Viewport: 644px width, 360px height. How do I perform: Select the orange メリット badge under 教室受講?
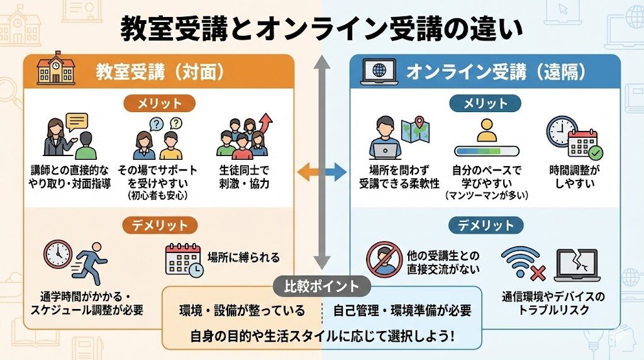[x=159, y=103]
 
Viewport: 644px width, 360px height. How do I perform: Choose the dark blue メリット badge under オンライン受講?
[x=485, y=103]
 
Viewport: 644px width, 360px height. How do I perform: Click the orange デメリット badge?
[x=159, y=225]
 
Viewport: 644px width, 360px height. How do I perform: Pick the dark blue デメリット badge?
[x=485, y=225]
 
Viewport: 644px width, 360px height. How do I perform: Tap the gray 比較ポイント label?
[x=322, y=286]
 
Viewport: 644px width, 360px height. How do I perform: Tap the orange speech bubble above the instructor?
[x=77, y=121]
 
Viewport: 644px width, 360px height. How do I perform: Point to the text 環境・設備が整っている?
[x=242, y=311]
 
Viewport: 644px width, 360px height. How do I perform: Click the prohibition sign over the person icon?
[x=384, y=259]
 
